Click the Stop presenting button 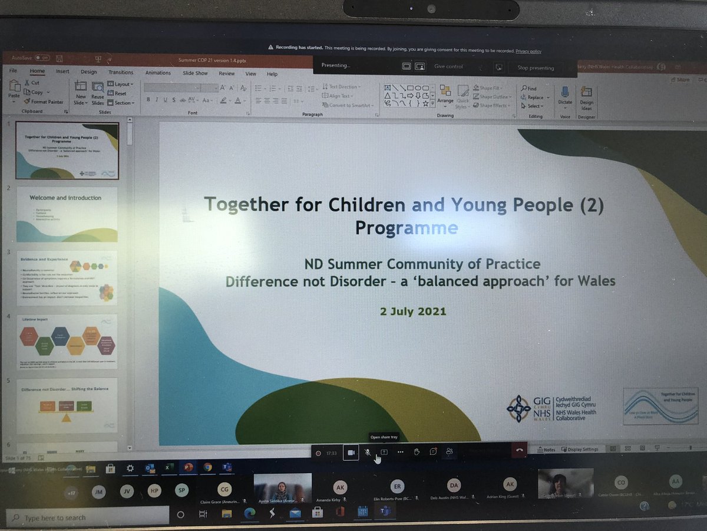click(536, 68)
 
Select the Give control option click(448, 67)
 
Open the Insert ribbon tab click(62, 72)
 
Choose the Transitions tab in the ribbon click(120, 73)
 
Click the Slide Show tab click(195, 73)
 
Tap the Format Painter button click(44, 101)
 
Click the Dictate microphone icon click(565, 95)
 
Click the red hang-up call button click(519, 450)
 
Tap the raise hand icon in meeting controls click(417, 451)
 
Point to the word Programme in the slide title click(406, 228)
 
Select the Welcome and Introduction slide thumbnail click(67, 214)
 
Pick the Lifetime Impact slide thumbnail click(67, 342)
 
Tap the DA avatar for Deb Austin click(453, 486)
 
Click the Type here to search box click(56, 517)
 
